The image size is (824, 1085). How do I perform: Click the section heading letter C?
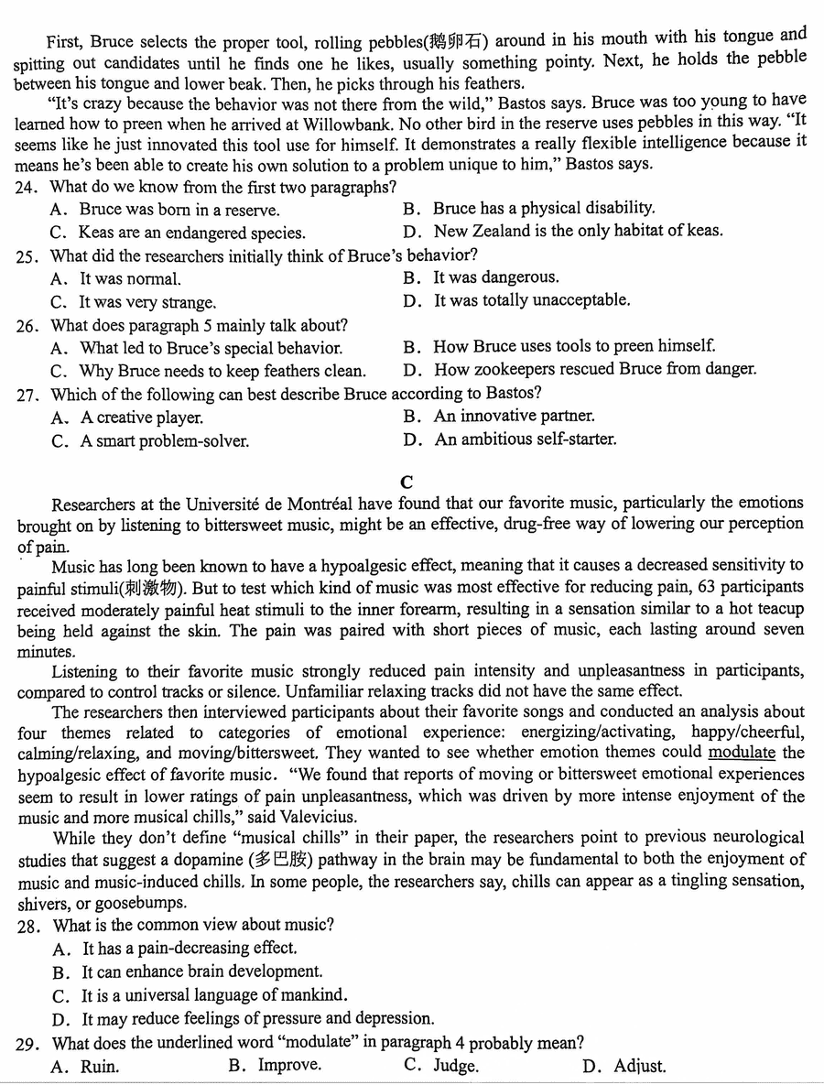click(407, 482)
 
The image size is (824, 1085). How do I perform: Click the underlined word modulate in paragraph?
click(742, 753)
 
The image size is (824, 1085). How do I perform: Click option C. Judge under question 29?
click(440, 1066)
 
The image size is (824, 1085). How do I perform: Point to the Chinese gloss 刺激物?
click(162, 588)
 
